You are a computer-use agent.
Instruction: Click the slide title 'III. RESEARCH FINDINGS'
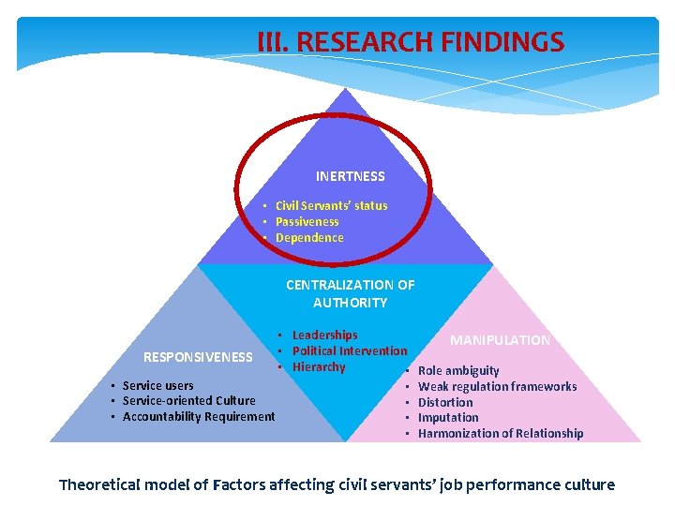tap(411, 42)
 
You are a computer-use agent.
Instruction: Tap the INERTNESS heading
tap(350, 176)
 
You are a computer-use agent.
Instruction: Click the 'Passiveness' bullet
tap(307, 221)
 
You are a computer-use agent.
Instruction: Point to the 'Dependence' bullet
tap(309, 237)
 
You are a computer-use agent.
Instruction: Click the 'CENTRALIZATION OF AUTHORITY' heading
tap(350, 293)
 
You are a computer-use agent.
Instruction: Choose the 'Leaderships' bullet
tap(324, 335)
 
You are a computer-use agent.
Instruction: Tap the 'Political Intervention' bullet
tap(350, 350)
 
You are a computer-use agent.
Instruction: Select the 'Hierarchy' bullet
tap(319, 366)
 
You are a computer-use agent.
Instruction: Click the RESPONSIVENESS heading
tap(198, 356)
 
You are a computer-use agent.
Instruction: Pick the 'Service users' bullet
tap(157, 385)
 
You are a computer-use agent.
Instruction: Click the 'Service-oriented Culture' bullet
tap(188, 400)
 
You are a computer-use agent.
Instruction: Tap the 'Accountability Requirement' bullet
tap(199, 416)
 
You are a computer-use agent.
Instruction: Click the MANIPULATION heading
tap(500, 340)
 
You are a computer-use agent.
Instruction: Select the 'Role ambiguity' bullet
tap(458, 370)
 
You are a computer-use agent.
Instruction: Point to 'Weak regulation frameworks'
tap(497, 386)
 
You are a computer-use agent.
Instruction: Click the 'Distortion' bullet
tap(445, 402)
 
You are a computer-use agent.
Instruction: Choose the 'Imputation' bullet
tap(448, 417)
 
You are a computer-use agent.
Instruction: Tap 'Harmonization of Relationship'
tap(500, 433)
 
